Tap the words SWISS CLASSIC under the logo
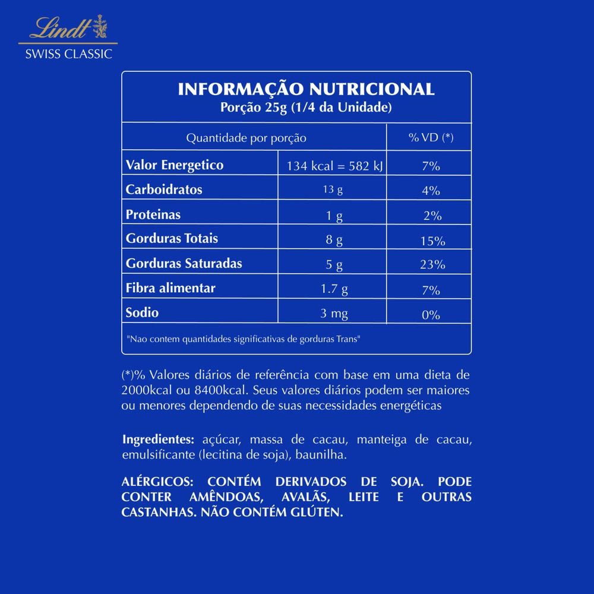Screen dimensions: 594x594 [x=68, y=54]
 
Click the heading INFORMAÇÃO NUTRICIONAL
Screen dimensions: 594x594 [x=306, y=90]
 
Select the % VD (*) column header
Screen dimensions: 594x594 [x=431, y=138]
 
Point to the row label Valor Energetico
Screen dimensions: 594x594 [x=175, y=165]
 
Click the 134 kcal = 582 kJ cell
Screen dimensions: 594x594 [x=335, y=166]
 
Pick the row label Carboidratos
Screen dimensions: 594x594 [x=164, y=190]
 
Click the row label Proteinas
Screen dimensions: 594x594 [x=153, y=214]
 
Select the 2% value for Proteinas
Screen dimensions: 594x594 [x=432, y=216]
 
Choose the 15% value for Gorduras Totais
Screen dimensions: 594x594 [x=432, y=241]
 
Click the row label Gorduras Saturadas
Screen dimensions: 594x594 [x=184, y=263]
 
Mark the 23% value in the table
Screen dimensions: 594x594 [x=432, y=265]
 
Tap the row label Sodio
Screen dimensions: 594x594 [x=143, y=312]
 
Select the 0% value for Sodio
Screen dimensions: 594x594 [x=431, y=315]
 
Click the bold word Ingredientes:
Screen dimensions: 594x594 [x=158, y=440]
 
